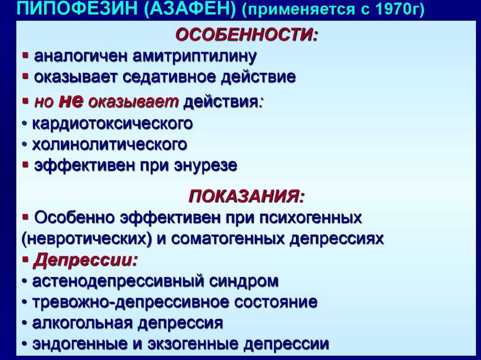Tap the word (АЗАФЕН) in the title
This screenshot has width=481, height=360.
click(x=190, y=9)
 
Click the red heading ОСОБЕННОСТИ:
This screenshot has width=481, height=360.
click(x=247, y=34)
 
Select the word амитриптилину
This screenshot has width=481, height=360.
click(x=194, y=57)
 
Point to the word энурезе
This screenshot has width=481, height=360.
click(x=206, y=166)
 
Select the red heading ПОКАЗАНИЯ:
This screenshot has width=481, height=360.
click(x=247, y=196)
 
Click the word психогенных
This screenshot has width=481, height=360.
click(x=311, y=218)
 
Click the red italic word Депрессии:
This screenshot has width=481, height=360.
click(x=85, y=260)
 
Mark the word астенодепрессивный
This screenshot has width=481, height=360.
click(x=118, y=282)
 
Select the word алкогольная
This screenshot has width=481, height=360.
click(x=82, y=323)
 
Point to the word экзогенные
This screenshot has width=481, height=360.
click(x=193, y=345)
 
